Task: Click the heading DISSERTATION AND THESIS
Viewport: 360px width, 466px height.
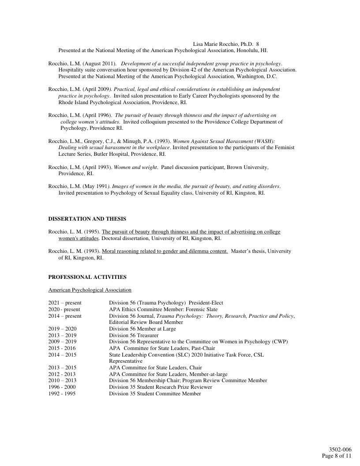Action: tap(87, 219)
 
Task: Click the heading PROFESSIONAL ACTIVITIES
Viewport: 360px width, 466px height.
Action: tap(87, 277)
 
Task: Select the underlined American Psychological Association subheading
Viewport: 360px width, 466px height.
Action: tap(90, 290)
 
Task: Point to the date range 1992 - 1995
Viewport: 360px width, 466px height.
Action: tap(62, 394)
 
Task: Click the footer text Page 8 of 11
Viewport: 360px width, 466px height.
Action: tap(337, 456)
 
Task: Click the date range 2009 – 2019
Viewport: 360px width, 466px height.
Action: tap(62, 342)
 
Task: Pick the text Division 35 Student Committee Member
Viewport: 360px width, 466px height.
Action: tap(155, 394)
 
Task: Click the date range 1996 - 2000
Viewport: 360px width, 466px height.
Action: tap(62, 387)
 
